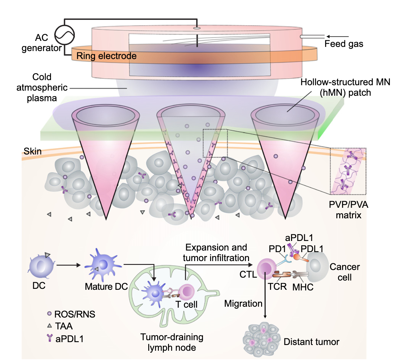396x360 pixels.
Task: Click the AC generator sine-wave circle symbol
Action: click(x=64, y=35)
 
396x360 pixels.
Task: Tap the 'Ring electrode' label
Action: click(x=106, y=56)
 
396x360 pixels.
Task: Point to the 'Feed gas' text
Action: click(x=344, y=44)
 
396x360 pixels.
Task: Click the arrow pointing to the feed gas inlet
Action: click(x=337, y=37)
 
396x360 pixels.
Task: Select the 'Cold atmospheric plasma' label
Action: click(x=42, y=87)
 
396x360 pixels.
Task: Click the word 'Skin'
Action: click(x=33, y=151)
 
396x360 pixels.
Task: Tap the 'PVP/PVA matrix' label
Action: click(x=348, y=210)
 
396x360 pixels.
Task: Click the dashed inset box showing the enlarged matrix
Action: click(x=348, y=171)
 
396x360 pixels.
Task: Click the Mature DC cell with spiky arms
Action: click(x=103, y=265)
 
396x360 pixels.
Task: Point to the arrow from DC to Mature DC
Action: click(x=68, y=265)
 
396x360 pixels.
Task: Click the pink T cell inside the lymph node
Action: click(x=186, y=291)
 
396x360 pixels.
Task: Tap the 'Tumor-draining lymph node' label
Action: click(x=172, y=342)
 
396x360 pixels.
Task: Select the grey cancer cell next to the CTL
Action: click(x=317, y=266)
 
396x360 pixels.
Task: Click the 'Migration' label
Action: click(x=243, y=304)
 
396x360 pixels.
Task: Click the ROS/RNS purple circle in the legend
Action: click(x=49, y=314)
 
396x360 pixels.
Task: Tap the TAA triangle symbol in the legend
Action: click(x=49, y=326)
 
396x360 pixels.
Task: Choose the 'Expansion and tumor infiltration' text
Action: click(x=216, y=252)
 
